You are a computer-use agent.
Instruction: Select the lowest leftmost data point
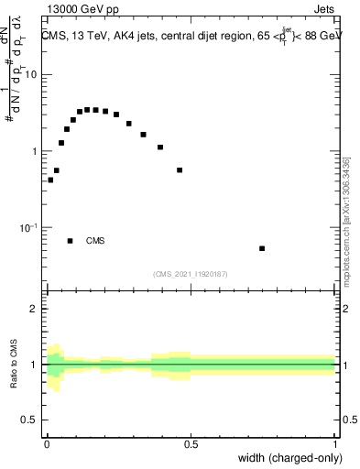coord(50,180)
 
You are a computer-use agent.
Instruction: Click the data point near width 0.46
coord(180,170)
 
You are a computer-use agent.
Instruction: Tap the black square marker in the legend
coord(71,241)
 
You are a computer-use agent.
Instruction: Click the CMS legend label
coord(95,241)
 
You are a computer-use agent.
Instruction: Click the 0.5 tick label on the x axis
coord(191,444)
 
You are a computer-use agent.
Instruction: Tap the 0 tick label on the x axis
coord(46,444)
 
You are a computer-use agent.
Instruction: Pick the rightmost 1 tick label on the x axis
coord(335,444)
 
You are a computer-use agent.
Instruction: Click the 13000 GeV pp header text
coord(81,11)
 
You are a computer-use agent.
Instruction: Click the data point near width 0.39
coord(160,147)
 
